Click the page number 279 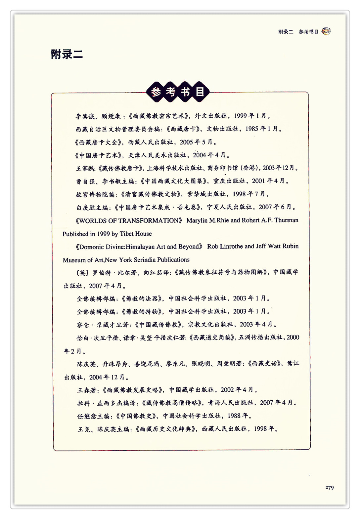pyautogui.click(x=330, y=488)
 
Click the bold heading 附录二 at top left pyautogui.click(x=67, y=54)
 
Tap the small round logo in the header pyautogui.click(x=326, y=31)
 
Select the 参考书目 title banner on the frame pyautogui.click(x=178, y=92)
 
